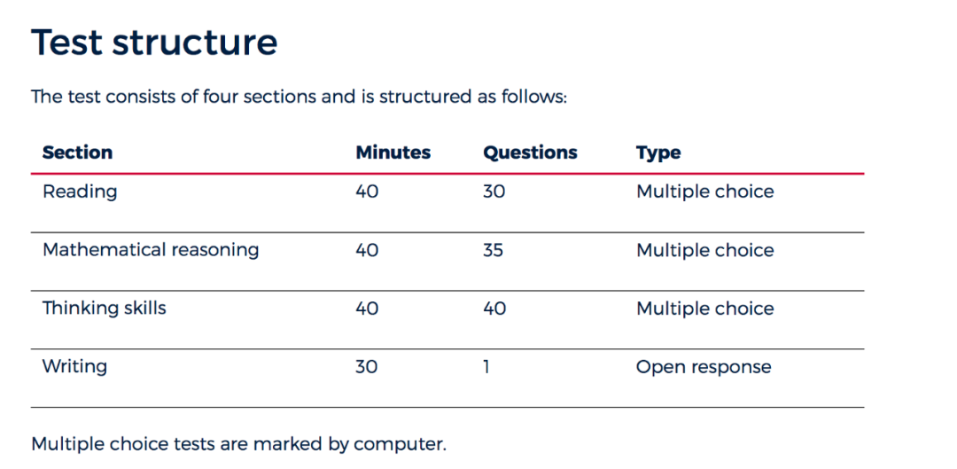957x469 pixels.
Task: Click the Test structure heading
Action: pyautogui.click(x=154, y=43)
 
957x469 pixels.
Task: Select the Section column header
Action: pyautogui.click(x=77, y=152)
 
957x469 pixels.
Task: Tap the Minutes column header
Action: pyautogui.click(x=393, y=152)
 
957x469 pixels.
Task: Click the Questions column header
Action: pyautogui.click(x=530, y=152)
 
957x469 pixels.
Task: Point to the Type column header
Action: pyautogui.click(x=658, y=152)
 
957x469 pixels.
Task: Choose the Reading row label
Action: pyautogui.click(x=80, y=192)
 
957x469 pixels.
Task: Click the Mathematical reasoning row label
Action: pyautogui.click(x=151, y=250)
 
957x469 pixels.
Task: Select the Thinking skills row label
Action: pyautogui.click(x=105, y=308)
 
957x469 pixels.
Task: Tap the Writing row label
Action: pyautogui.click(x=74, y=366)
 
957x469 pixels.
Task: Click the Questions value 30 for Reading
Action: pyautogui.click(x=494, y=192)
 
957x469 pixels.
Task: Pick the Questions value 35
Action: pyautogui.click(x=494, y=250)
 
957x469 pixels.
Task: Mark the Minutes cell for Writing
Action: pyautogui.click(x=367, y=366)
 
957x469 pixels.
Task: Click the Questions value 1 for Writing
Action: pyautogui.click(x=486, y=366)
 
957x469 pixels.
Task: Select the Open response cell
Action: pyautogui.click(x=704, y=367)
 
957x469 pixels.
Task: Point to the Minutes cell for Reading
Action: pyautogui.click(x=368, y=192)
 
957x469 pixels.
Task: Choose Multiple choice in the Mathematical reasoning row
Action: pyautogui.click(x=705, y=250)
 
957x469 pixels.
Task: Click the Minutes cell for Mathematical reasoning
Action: pyautogui.click(x=368, y=250)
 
